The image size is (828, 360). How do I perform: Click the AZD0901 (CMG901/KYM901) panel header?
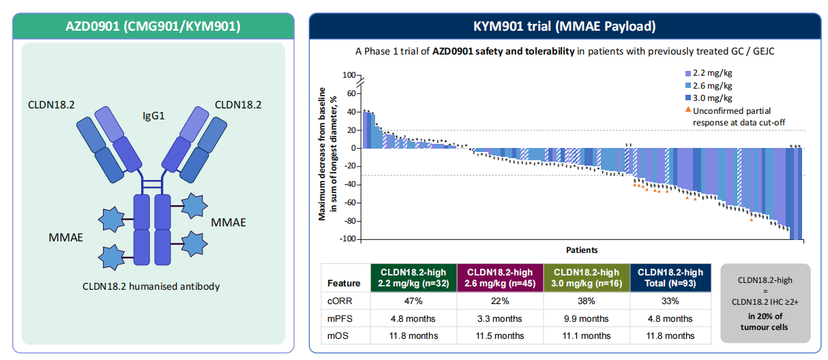(x=153, y=27)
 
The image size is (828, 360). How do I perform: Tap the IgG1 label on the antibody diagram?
(x=155, y=115)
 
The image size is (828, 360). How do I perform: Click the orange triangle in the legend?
(x=687, y=110)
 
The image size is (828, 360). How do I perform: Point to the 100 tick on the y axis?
(x=349, y=75)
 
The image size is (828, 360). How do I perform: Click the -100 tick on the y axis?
(x=348, y=239)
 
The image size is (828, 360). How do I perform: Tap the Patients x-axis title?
(x=581, y=250)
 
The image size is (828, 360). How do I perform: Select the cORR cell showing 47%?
(x=413, y=301)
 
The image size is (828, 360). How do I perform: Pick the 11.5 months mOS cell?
(x=500, y=335)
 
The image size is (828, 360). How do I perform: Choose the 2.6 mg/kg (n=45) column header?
(x=500, y=278)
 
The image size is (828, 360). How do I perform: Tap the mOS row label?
(x=339, y=335)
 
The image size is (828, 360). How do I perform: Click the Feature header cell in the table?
(x=344, y=282)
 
